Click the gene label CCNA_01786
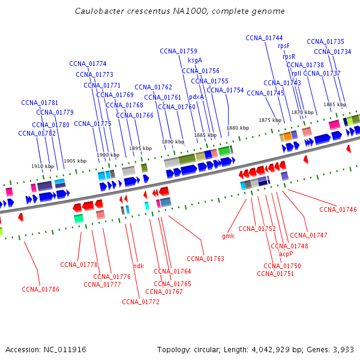[x=40, y=289]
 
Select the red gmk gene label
[x=229, y=236]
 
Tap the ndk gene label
[x=139, y=266]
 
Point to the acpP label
[x=286, y=254]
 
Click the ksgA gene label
[x=195, y=61]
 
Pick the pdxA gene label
[x=196, y=97]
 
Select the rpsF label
[x=284, y=46]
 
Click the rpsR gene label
[x=289, y=56]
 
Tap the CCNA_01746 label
[x=338, y=209]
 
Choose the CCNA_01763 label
[x=205, y=259]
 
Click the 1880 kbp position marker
[x=238, y=128]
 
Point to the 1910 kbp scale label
[x=43, y=166]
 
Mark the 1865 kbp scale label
[x=335, y=104]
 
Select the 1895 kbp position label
[x=140, y=148]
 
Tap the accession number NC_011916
[x=65, y=350]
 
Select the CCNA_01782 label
[x=37, y=133]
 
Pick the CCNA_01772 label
[x=140, y=302]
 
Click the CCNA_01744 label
[x=264, y=38]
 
